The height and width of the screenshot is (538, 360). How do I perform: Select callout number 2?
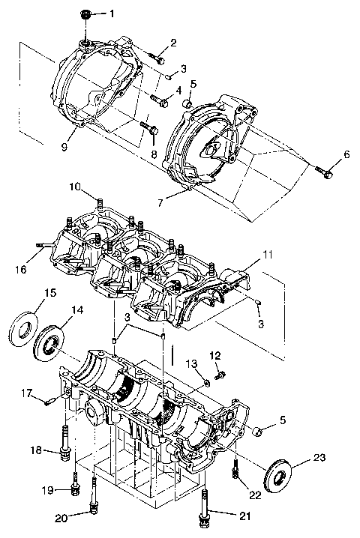point(173,43)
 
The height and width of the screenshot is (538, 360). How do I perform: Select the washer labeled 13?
point(205,384)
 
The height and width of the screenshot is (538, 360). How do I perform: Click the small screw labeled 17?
point(49,401)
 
